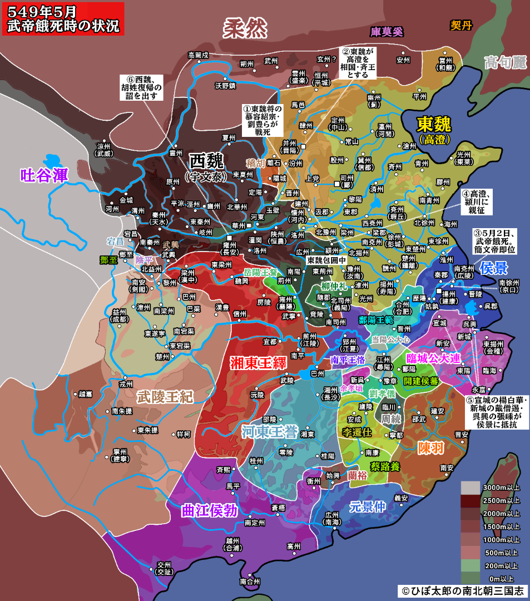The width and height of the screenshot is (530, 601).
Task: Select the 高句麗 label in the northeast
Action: pyautogui.click(x=504, y=62)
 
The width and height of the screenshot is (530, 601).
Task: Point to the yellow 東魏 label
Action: pyautogui.click(x=434, y=124)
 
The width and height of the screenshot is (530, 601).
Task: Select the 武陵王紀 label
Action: pyautogui.click(x=165, y=396)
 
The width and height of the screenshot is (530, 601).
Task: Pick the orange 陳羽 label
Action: pyautogui.click(x=432, y=447)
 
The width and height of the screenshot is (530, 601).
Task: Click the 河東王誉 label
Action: pyautogui.click(x=269, y=431)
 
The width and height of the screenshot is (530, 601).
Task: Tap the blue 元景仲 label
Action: pyautogui.click(x=367, y=506)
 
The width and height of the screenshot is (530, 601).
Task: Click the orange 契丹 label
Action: pyautogui.click(x=461, y=26)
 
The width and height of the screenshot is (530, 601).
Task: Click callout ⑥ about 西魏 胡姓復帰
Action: pyautogui.click(x=141, y=87)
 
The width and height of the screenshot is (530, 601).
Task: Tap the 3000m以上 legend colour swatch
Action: pyautogui.click(x=470, y=488)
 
